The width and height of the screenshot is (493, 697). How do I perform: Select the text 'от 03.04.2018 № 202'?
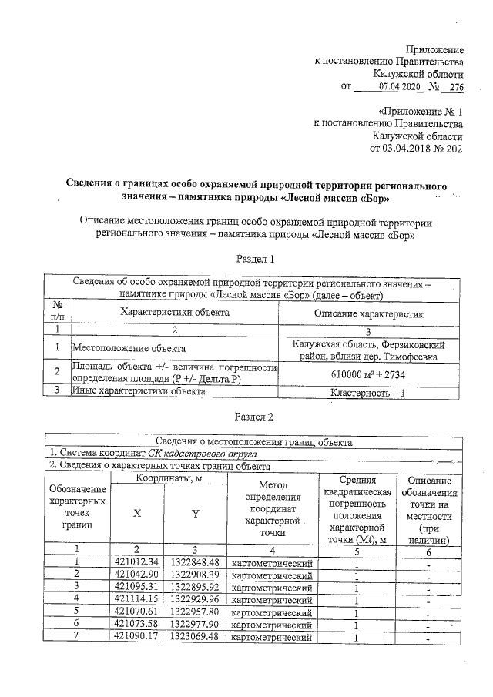point(417,149)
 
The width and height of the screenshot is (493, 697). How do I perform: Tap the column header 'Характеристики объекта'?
point(174,312)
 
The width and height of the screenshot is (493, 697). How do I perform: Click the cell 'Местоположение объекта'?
point(123,348)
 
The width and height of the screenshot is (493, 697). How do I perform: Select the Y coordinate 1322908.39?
point(196,575)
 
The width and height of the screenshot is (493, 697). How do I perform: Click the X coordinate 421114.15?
point(136,599)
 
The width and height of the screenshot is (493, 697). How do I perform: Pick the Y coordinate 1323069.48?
point(196,638)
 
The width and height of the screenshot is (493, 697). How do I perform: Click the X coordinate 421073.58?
point(136,625)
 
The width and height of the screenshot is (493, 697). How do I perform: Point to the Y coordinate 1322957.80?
point(196,612)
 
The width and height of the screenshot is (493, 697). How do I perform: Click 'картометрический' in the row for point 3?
point(272,587)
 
